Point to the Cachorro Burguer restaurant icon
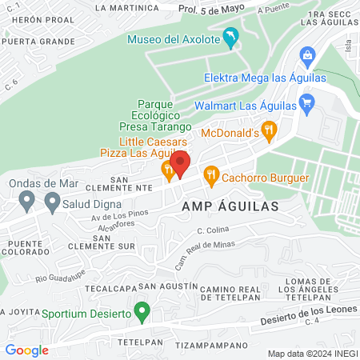[x=211, y=173]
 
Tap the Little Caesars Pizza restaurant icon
[x=167, y=169]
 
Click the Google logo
[x=26, y=350]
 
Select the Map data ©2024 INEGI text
[x=311, y=353]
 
